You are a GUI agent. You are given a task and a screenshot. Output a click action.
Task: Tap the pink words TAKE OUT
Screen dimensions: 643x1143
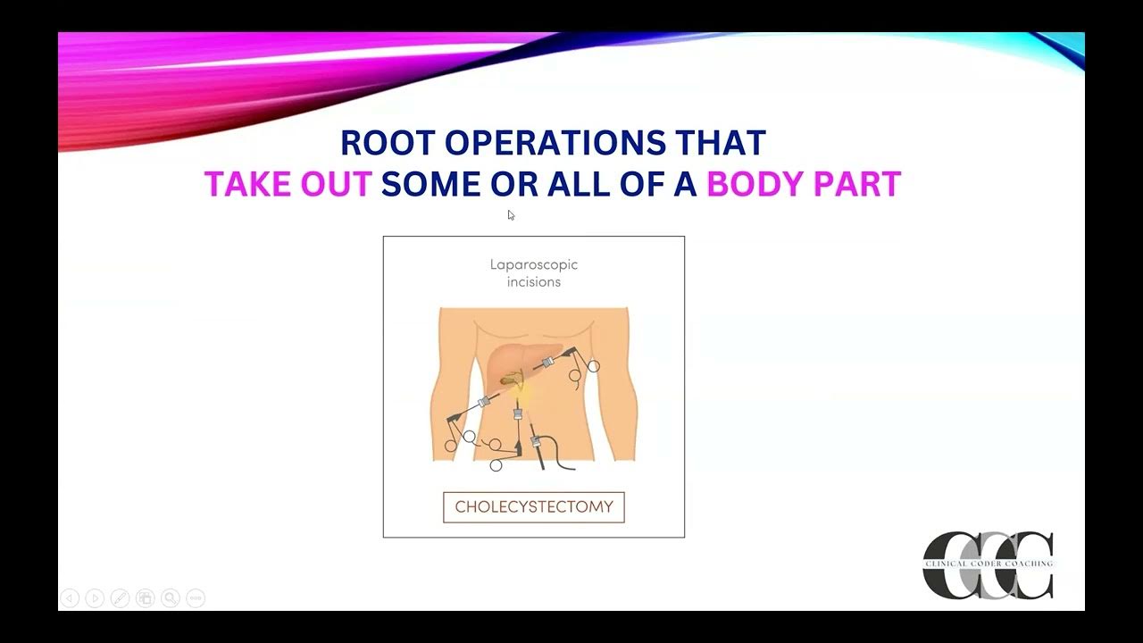point(288,184)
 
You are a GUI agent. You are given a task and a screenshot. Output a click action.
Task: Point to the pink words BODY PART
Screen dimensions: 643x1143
point(804,184)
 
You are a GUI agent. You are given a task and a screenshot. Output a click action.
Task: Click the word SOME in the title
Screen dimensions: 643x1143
point(431,184)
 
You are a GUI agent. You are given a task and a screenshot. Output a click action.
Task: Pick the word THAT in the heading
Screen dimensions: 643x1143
point(721,143)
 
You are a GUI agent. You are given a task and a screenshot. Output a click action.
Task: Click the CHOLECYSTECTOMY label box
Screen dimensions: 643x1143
point(534,507)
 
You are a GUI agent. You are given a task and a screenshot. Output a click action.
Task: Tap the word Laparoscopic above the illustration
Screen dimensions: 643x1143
point(534,264)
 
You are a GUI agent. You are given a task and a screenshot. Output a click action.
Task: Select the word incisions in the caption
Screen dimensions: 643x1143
point(534,282)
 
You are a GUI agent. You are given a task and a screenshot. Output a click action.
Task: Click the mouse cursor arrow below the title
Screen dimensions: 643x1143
point(511,214)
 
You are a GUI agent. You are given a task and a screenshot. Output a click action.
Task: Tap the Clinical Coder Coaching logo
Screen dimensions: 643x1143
point(988,564)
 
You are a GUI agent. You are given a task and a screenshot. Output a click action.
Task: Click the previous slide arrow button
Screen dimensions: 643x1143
point(70,598)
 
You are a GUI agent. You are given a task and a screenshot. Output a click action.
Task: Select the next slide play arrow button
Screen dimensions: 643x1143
point(95,598)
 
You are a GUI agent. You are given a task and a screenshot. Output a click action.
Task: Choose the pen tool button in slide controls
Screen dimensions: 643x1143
point(120,598)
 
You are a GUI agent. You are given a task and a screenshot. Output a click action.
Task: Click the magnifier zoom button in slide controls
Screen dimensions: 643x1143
point(170,598)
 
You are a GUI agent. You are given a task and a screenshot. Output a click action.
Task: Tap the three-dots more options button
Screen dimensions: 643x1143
point(196,598)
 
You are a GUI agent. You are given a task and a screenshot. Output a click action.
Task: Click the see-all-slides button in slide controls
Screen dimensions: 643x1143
point(145,598)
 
